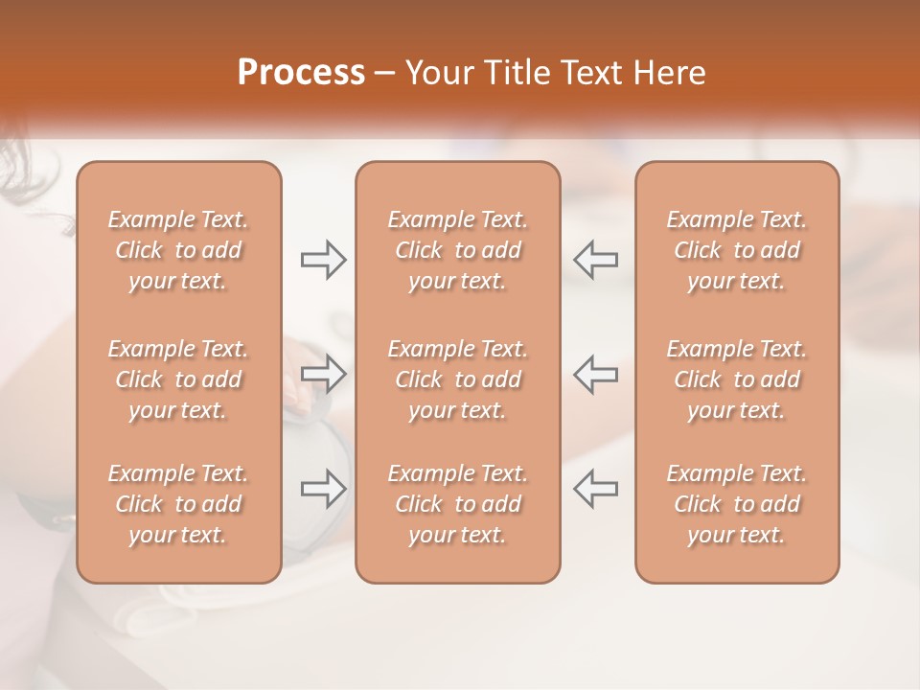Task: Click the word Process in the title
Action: pyautogui.click(x=301, y=72)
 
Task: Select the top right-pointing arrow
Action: pyautogui.click(x=324, y=259)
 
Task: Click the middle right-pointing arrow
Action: pyautogui.click(x=324, y=374)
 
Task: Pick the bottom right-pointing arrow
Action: pyautogui.click(x=324, y=489)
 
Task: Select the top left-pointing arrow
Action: pyautogui.click(x=595, y=259)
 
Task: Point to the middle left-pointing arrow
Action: pyautogui.click(x=595, y=374)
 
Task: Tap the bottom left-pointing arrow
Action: pyautogui.click(x=595, y=489)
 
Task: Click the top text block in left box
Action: pyautogui.click(x=178, y=250)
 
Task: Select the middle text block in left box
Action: pyautogui.click(x=178, y=379)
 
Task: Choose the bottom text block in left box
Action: pyautogui.click(x=178, y=504)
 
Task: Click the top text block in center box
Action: pyautogui.click(x=458, y=250)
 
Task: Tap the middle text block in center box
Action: pyautogui.click(x=458, y=379)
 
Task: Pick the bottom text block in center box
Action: pyautogui.click(x=458, y=504)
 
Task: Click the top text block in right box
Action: pyautogui.click(x=737, y=250)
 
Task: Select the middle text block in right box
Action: pyautogui.click(x=737, y=379)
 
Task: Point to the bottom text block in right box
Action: pyautogui.click(x=737, y=504)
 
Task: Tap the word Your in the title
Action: pyautogui.click(x=438, y=72)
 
